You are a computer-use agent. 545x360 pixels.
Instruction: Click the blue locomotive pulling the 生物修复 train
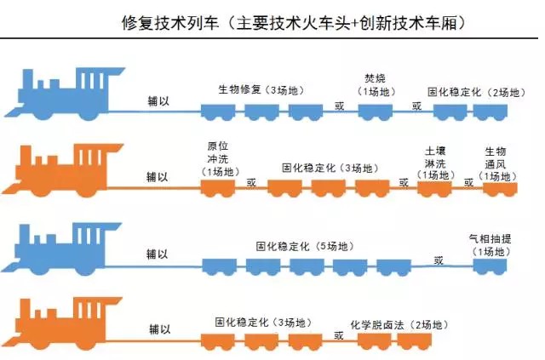[62, 89]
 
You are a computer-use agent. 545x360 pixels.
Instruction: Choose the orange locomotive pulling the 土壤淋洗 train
[61, 166]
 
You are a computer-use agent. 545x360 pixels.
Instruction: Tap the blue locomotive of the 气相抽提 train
[61, 244]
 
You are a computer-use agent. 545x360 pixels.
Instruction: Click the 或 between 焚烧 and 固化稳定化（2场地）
[416, 106]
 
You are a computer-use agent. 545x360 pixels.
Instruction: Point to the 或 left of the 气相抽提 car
[438, 260]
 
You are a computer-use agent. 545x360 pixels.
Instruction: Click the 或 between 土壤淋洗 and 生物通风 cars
[468, 181]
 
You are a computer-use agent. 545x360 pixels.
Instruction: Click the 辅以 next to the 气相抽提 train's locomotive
[158, 253]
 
